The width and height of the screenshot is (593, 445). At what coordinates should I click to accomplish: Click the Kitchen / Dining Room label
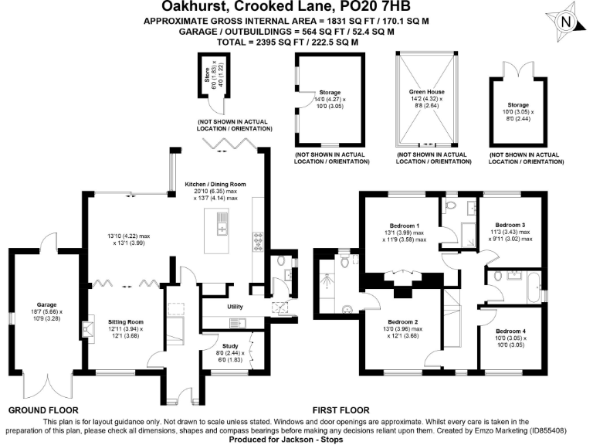(x=215, y=184)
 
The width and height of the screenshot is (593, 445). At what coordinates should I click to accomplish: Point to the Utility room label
(x=236, y=307)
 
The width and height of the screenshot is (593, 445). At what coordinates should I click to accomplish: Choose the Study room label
(x=230, y=347)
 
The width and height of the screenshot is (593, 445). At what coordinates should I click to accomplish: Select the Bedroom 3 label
(x=510, y=225)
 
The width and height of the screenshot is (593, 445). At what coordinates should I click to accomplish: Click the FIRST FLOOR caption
(x=341, y=410)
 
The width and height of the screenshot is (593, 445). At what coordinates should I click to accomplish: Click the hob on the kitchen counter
(x=257, y=243)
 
